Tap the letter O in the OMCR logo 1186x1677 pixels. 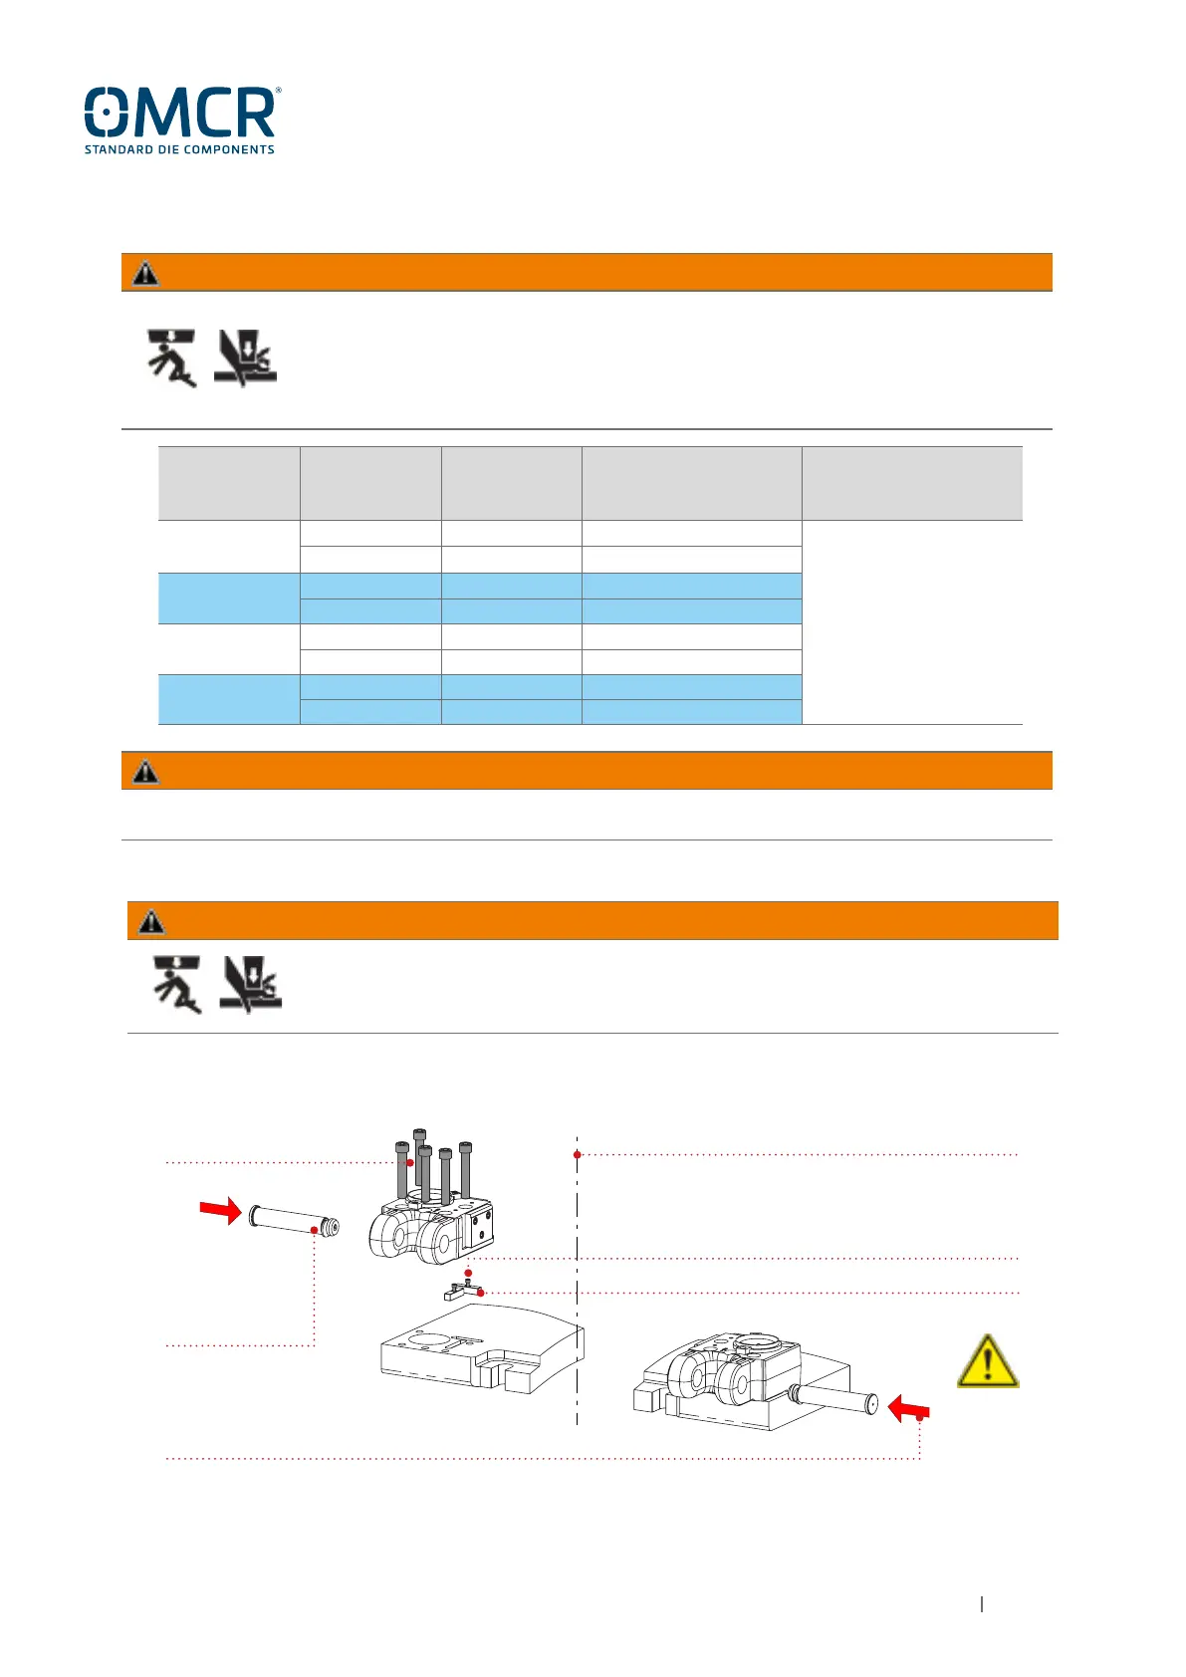107,112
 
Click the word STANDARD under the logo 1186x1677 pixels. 119,149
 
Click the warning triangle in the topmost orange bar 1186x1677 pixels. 145,273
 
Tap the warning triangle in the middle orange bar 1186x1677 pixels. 145,771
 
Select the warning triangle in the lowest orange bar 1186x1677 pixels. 151,921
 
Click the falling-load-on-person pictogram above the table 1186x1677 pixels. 171,358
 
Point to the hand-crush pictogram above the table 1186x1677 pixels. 245,358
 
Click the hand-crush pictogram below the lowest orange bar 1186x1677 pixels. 251,984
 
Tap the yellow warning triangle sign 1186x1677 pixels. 987,1361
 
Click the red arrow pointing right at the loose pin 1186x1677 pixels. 220,1210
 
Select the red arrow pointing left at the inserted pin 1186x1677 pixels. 908,1408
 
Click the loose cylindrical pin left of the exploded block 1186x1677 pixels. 294,1220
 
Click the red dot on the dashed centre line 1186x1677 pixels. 578,1155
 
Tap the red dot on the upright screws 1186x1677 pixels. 409,1162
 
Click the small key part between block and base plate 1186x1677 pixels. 462,1292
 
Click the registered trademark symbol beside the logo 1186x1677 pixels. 278,91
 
